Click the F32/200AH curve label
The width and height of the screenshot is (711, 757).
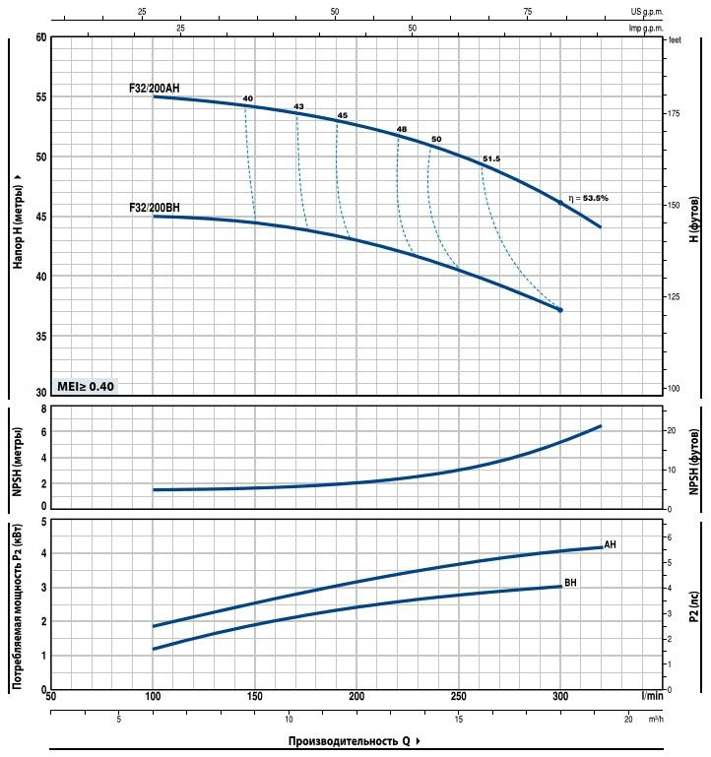[x=154, y=89]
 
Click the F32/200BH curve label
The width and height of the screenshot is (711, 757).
[x=154, y=208]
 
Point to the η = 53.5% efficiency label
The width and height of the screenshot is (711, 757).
[x=589, y=198]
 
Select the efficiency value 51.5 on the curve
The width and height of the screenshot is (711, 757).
[x=491, y=159]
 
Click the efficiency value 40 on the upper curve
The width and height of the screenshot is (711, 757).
[x=247, y=98]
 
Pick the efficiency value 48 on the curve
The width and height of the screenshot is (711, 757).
[x=402, y=130]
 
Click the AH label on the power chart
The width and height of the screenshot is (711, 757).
[x=611, y=544]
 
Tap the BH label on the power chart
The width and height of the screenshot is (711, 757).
[x=571, y=583]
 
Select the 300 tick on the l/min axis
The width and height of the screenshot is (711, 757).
[x=560, y=697]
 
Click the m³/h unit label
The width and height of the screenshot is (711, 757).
[x=656, y=720]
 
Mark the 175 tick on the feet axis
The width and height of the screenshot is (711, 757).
[x=674, y=115]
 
